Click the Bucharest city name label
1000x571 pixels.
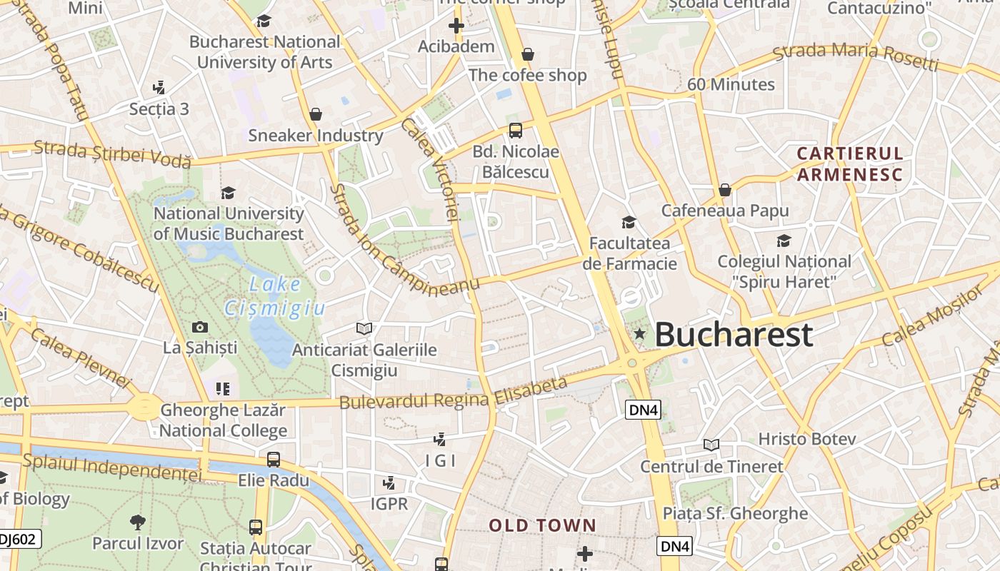click(x=734, y=334)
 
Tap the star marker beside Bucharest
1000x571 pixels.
click(x=639, y=333)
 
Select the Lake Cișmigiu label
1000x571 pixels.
click(x=274, y=296)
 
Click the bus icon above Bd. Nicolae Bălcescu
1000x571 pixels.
click(x=515, y=131)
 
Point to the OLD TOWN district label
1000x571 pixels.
click(x=542, y=526)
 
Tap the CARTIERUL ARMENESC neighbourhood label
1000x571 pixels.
click(x=850, y=164)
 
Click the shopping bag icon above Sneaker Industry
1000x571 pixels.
click(x=315, y=114)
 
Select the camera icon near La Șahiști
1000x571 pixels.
click(x=200, y=327)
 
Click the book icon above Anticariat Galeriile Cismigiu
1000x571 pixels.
click(x=364, y=328)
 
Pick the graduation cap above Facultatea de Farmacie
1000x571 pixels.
click(x=629, y=222)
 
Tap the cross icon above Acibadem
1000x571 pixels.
click(x=456, y=26)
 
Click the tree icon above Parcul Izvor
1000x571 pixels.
click(x=137, y=522)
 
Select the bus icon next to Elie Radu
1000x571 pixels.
click(x=273, y=459)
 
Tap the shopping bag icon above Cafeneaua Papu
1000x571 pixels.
click(x=724, y=190)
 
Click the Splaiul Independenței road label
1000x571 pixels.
click(x=112, y=468)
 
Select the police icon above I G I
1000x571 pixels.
click(x=440, y=439)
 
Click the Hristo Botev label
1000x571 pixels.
click(x=806, y=439)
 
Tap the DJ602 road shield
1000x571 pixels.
click(x=19, y=540)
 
